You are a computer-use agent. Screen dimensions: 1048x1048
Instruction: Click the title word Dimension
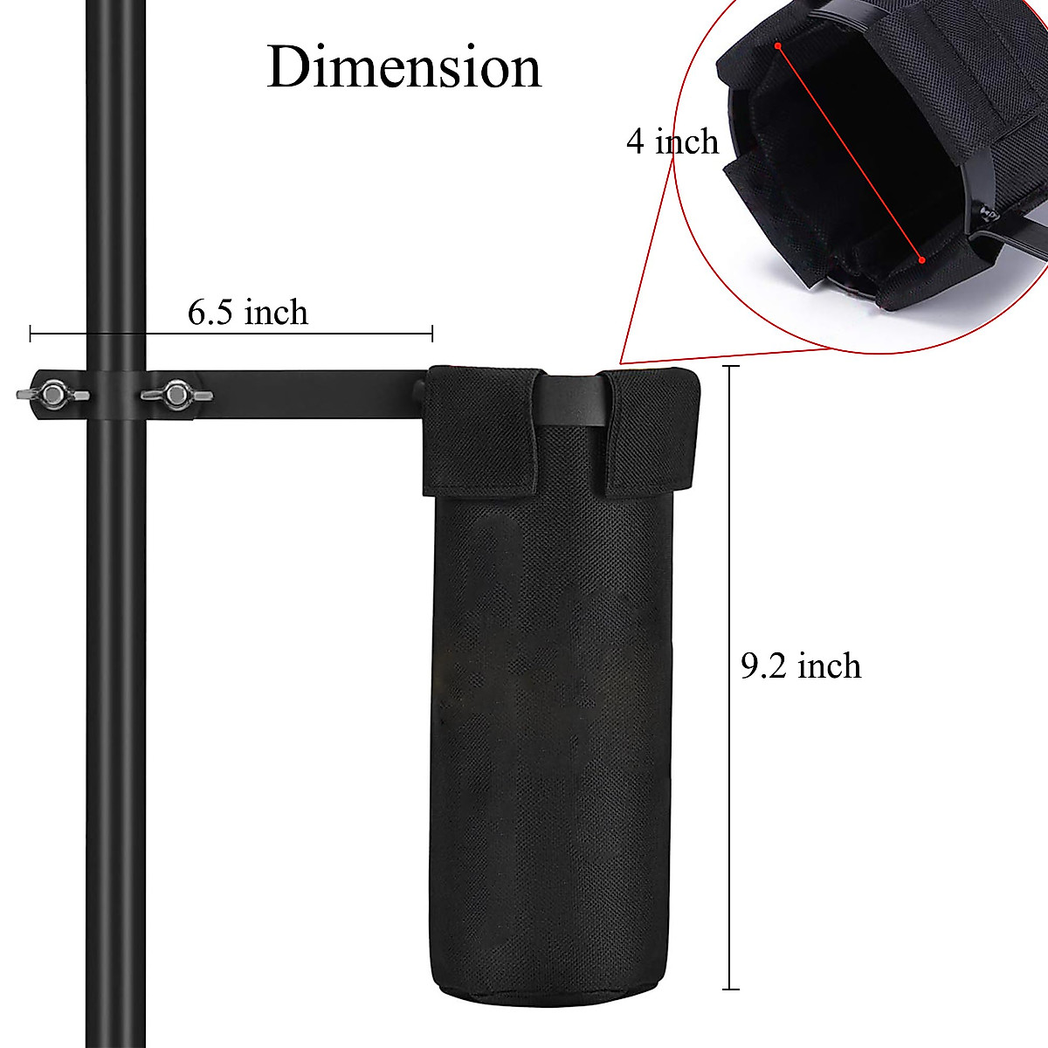403,67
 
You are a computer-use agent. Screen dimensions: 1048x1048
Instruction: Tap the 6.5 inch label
248,312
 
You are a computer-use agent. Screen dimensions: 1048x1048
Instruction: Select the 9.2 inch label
800,665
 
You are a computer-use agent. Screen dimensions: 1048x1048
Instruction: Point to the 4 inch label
672,141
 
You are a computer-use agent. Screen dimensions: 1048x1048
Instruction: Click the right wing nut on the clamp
176,395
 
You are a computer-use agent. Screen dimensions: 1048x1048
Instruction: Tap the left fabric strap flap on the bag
479,430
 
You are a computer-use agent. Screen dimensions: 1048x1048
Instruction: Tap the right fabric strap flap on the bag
650,431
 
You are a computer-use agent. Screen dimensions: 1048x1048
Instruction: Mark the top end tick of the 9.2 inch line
730,367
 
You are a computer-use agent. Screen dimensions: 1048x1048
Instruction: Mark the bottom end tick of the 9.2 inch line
730,989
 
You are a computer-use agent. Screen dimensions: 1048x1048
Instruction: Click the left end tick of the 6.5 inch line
31,333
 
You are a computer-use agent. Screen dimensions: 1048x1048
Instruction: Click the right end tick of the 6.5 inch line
432,333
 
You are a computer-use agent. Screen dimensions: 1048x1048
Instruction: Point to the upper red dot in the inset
776,45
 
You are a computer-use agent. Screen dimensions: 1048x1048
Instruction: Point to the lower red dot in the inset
920,259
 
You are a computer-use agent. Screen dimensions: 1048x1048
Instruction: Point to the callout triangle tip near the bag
621,362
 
